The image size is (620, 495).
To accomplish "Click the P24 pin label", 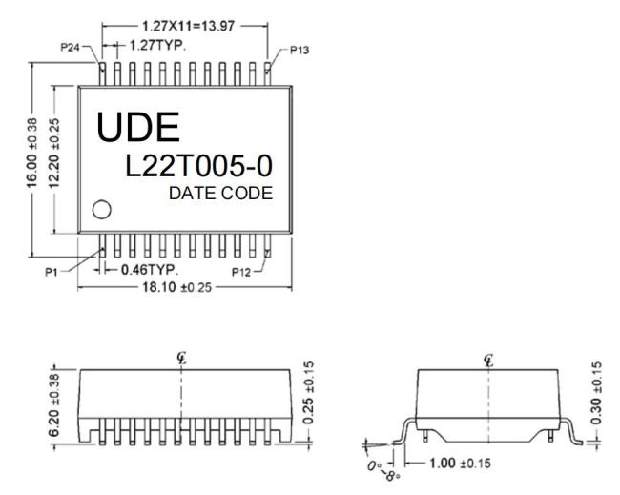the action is click(70, 48).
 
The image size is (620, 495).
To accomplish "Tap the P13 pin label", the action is click(300, 51).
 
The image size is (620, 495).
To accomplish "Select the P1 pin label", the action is click(52, 272).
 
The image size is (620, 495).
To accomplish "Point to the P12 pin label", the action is click(241, 272).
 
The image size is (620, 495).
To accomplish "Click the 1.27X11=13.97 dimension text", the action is click(188, 27).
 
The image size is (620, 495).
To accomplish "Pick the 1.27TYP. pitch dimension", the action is click(157, 46).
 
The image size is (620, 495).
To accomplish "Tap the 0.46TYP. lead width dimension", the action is click(150, 270).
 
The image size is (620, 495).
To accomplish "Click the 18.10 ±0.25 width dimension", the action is click(176, 287).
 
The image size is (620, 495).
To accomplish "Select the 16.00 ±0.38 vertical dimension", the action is click(31, 153).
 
